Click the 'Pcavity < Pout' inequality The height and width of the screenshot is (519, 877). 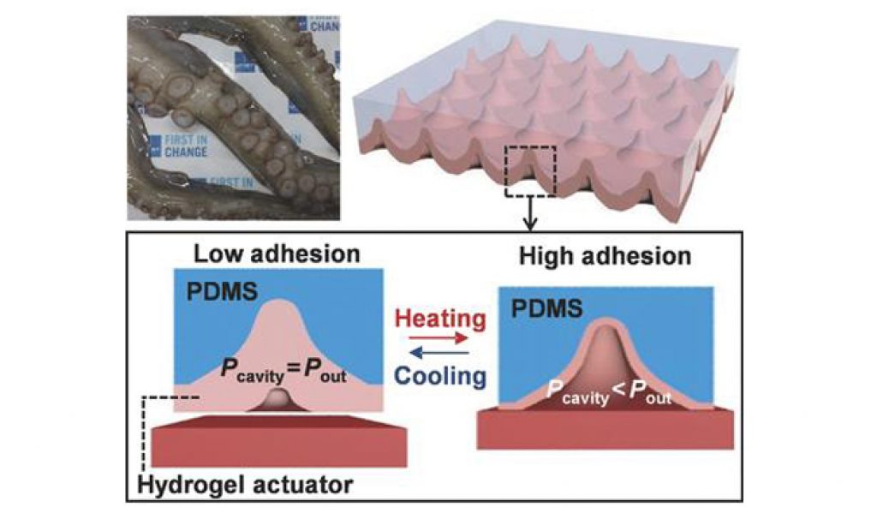(607, 395)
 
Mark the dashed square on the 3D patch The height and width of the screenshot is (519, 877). (531, 170)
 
